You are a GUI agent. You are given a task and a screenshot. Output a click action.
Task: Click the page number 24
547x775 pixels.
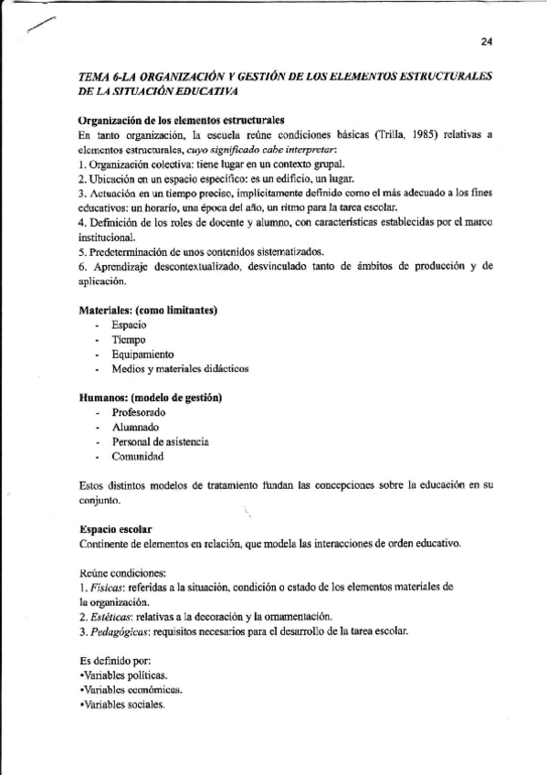(x=486, y=41)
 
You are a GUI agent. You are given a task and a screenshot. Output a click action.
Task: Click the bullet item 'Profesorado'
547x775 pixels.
(x=139, y=413)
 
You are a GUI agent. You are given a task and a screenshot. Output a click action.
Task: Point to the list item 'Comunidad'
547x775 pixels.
(x=137, y=456)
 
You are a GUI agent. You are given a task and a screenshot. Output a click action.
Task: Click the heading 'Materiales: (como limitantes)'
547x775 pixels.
(x=147, y=311)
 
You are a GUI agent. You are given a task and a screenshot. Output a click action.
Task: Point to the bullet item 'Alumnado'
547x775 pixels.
(x=135, y=428)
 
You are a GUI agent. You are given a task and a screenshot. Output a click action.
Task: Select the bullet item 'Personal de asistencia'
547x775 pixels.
(x=161, y=441)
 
